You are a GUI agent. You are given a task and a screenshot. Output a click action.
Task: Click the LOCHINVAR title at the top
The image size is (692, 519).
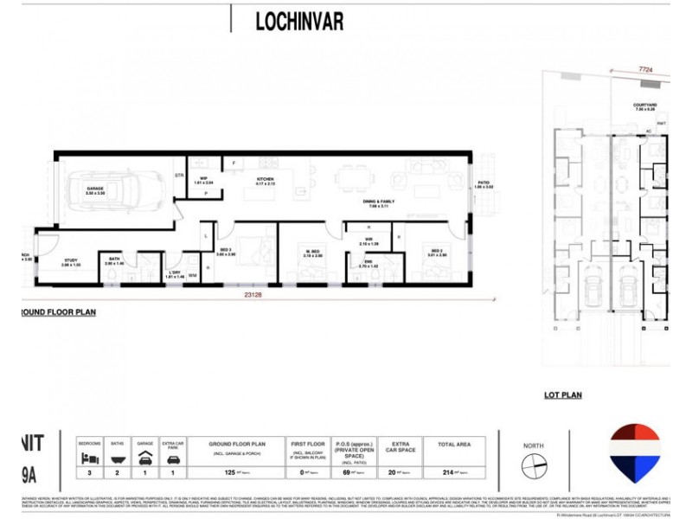[x=299, y=22]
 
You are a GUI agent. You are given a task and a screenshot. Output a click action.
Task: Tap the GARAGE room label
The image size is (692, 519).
[x=94, y=188]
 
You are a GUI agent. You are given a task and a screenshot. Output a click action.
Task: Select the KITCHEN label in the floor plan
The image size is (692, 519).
[x=264, y=180]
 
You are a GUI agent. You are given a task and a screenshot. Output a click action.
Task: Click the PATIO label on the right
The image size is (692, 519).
[x=484, y=183]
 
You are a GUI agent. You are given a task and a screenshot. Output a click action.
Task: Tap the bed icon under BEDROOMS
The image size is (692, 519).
[x=89, y=459]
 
